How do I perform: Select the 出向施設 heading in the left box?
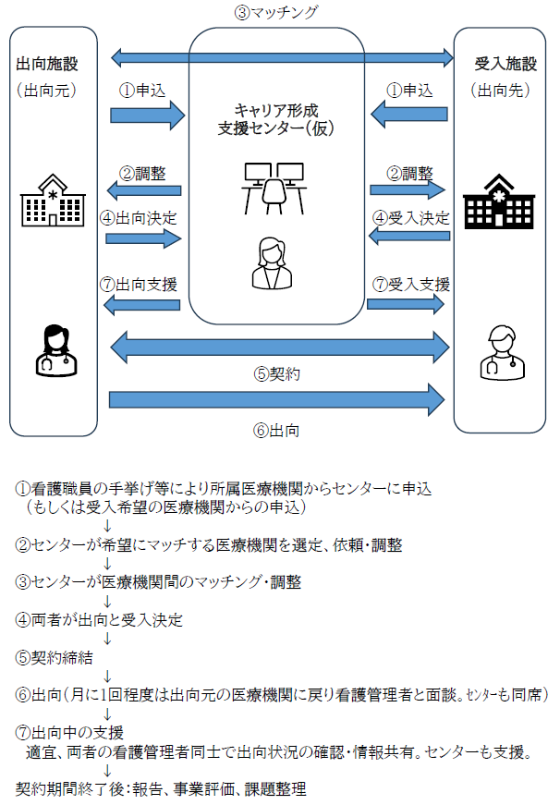tap(45, 65)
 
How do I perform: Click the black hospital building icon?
tap(502, 201)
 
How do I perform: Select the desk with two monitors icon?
tap(274, 186)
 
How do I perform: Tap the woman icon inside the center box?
tap(274, 262)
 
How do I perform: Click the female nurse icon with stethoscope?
tap(52, 351)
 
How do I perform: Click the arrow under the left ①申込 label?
tap(149, 115)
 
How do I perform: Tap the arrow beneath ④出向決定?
tap(144, 238)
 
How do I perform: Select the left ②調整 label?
tap(143, 173)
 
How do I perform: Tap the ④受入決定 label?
tap(410, 218)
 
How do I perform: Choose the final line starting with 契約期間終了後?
tap(161, 789)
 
